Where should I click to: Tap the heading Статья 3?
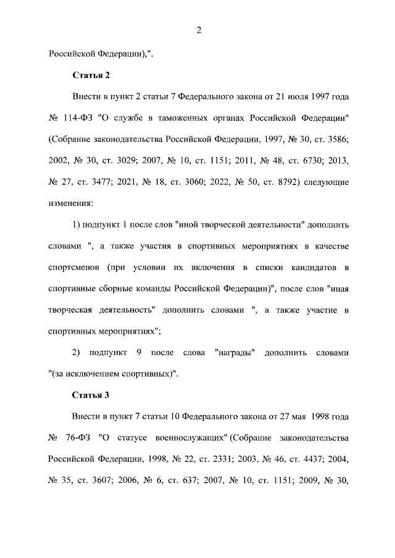tap(91, 395)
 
